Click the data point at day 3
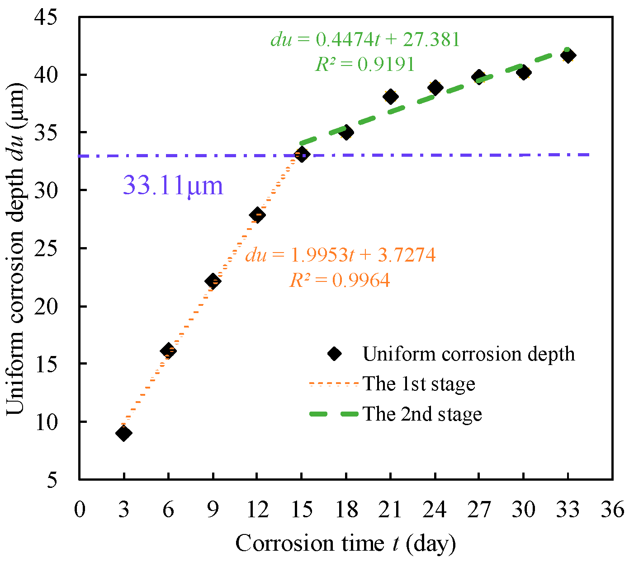click(123, 433)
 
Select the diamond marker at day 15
click(302, 155)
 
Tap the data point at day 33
click(568, 56)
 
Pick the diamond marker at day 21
click(390, 96)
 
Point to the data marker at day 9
click(213, 281)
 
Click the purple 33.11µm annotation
click(173, 186)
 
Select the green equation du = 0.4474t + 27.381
click(365, 40)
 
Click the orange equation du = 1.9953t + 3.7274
click(340, 255)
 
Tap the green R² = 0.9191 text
click(365, 64)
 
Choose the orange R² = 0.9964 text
click(340, 281)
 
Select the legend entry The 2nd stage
click(422, 414)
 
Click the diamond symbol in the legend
click(334, 354)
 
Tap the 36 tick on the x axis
click(613, 510)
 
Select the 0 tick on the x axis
click(80, 510)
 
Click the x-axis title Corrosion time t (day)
click(345, 543)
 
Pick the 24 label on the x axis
click(435, 510)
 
